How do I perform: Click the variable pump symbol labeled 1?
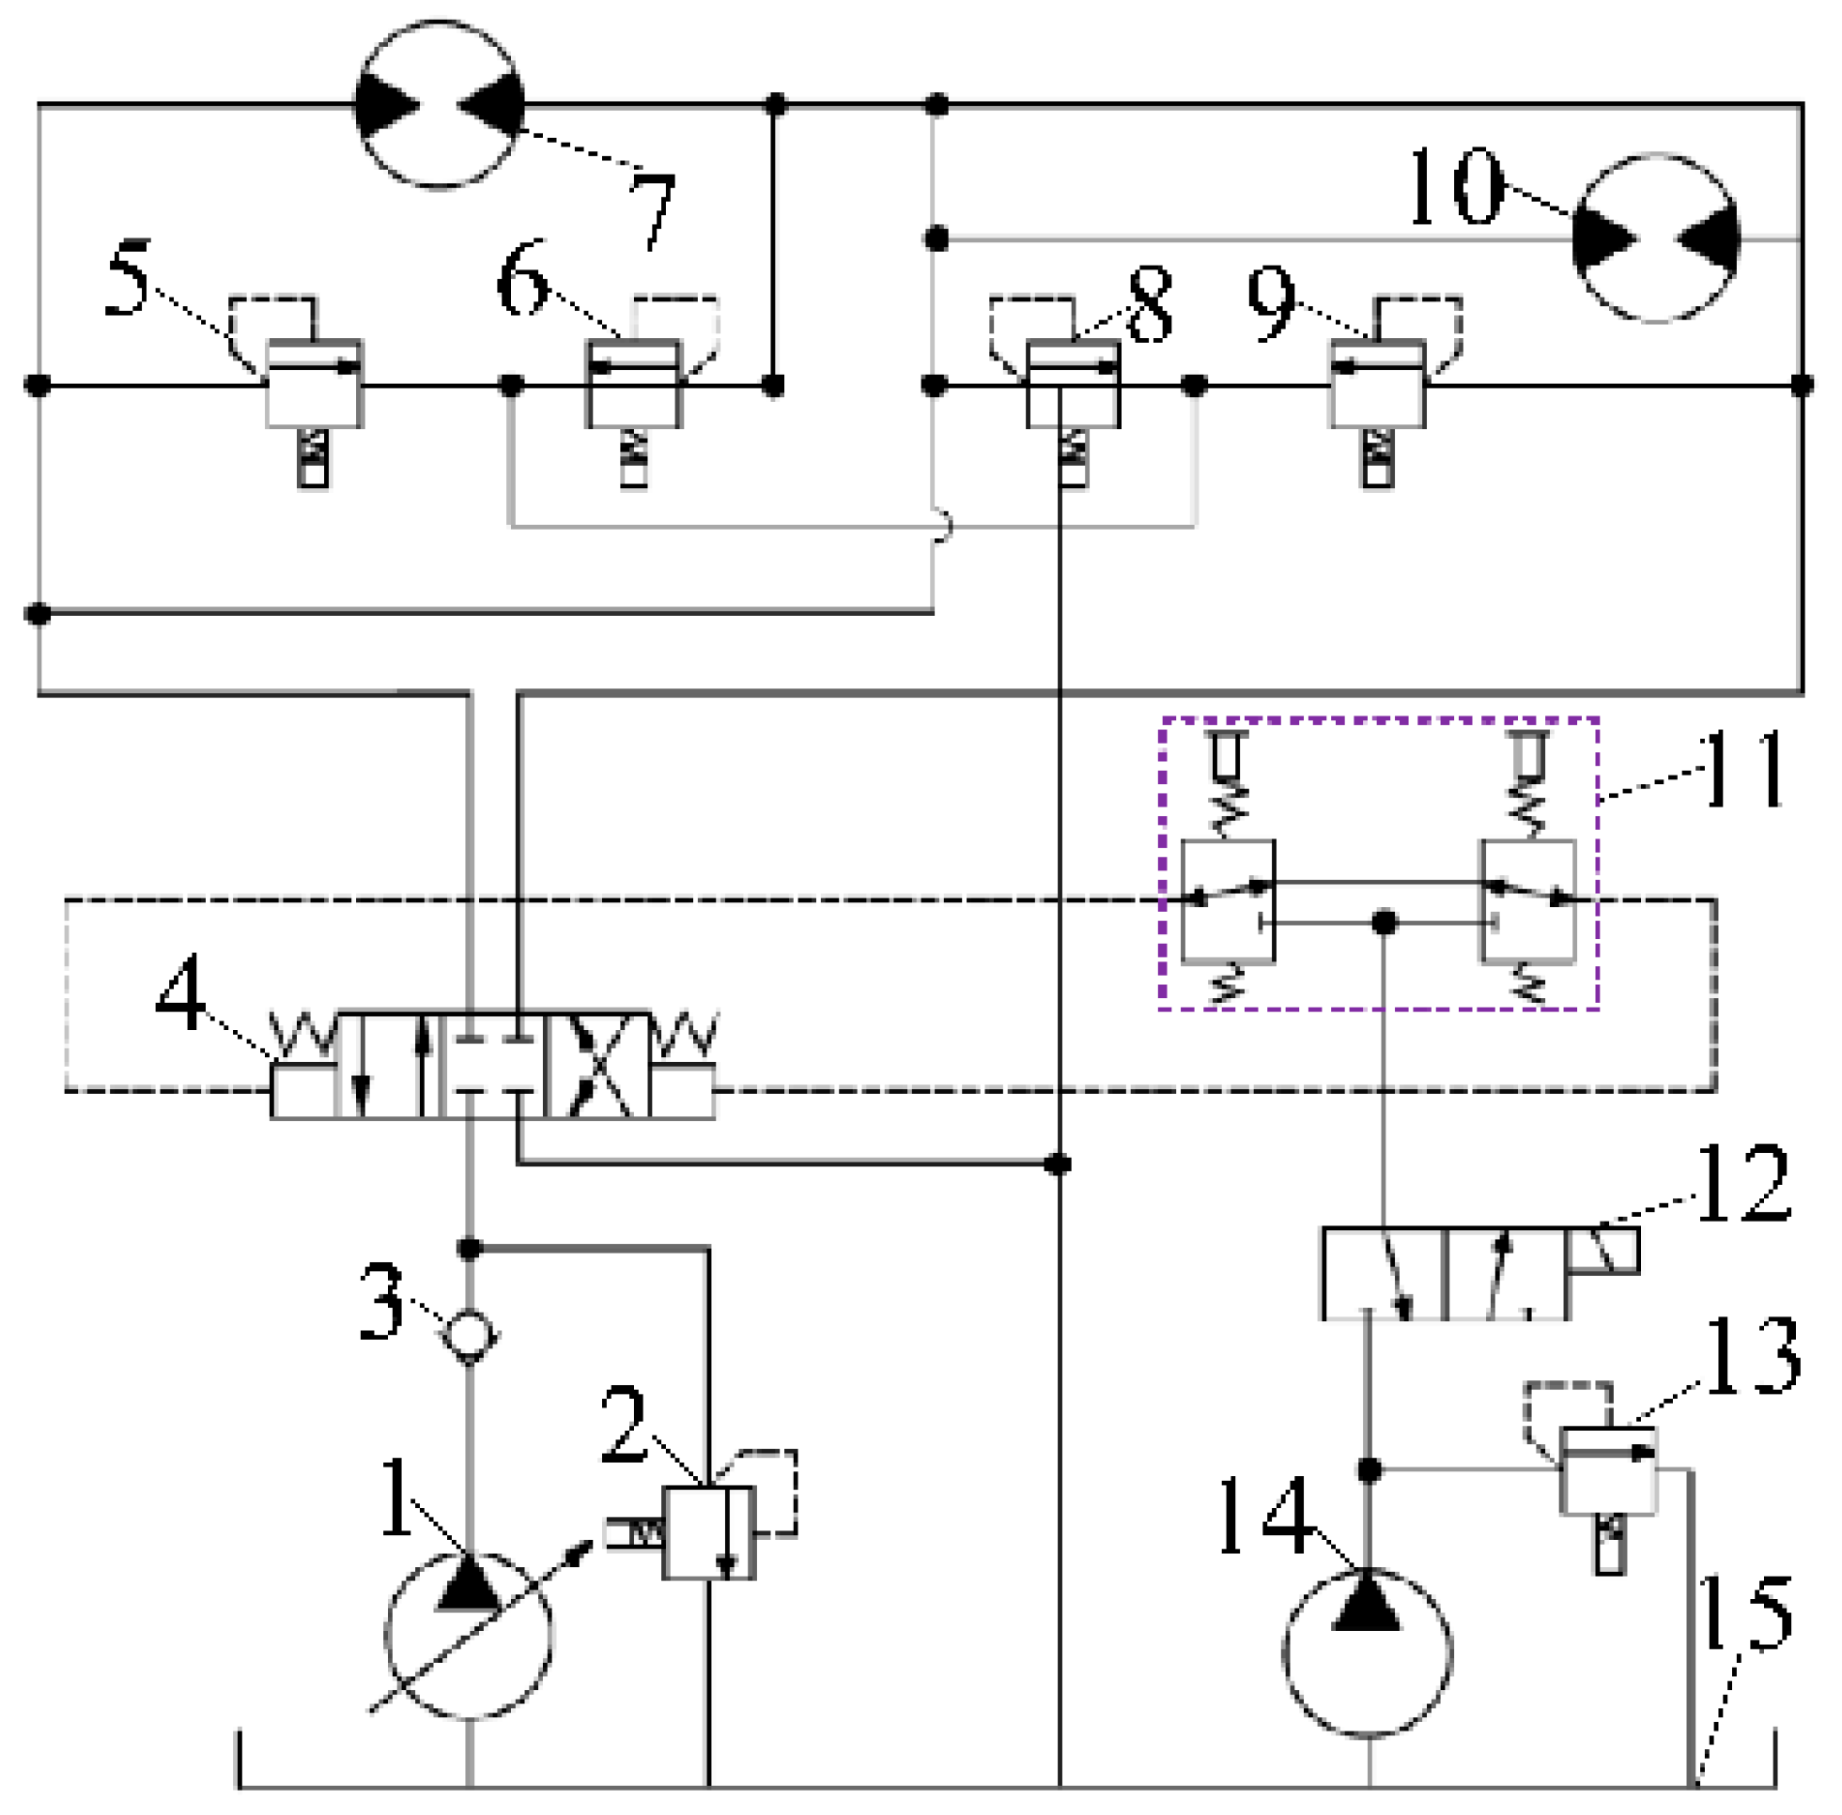coord(468,1634)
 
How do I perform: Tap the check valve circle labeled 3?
coord(468,1334)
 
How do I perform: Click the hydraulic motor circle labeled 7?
coord(440,104)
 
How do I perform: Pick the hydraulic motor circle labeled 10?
coord(1656,238)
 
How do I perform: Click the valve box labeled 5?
coord(314,384)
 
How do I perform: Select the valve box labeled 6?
coord(633,384)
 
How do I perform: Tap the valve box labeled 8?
coord(1073,384)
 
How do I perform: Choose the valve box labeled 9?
coord(1378,384)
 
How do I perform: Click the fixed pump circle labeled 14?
coord(1368,1652)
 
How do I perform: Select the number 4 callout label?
coord(180,992)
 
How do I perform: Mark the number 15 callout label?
coord(1746,1612)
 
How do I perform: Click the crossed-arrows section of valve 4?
coord(596,1065)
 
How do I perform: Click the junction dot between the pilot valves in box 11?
coord(1385,923)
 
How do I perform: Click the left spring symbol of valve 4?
coord(303,1037)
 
